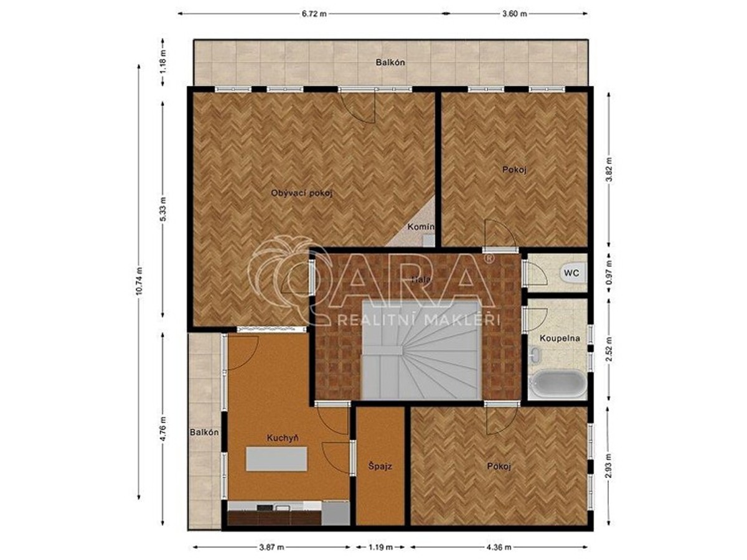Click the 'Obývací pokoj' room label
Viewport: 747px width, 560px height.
coord(302,193)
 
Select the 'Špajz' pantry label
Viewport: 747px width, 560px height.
coord(379,465)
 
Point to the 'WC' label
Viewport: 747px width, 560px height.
coord(571,273)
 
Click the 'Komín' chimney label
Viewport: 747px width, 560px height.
coord(421,227)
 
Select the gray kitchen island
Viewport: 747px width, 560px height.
coord(277,459)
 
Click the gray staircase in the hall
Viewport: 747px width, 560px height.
coord(421,352)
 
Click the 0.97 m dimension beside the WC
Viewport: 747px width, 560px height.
coord(609,272)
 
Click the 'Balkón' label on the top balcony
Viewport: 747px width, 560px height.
coord(391,63)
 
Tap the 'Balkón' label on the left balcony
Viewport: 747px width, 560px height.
coord(204,433)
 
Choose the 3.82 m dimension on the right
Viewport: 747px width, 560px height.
coord(609,169)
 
